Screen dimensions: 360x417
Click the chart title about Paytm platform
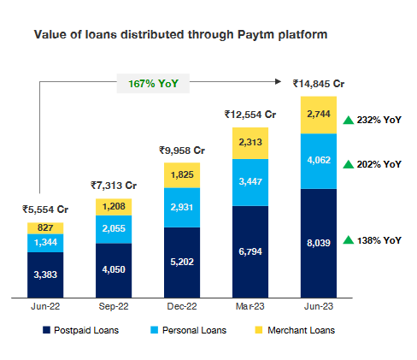point(180,36)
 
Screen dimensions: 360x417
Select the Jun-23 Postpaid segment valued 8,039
point(319,244)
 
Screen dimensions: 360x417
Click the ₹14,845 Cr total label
point(318,84)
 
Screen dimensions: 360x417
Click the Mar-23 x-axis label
point(250,305)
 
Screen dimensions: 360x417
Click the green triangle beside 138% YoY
point(348,240)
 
